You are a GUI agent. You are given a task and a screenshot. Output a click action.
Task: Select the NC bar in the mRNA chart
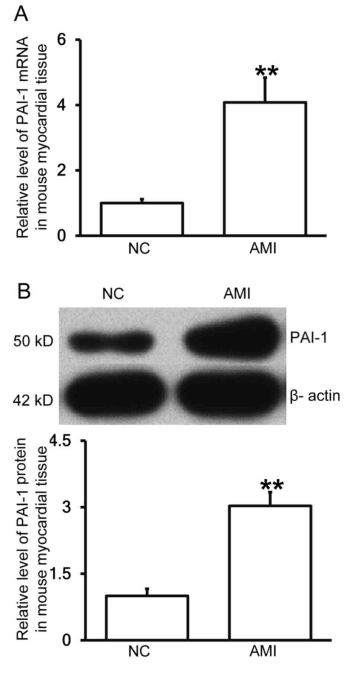click(142, 219)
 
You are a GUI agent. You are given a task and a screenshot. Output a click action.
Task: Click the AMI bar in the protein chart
click(270, 572)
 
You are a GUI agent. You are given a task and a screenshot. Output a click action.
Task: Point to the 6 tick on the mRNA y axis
click(67, 40)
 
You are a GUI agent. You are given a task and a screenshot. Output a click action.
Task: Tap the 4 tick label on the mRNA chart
click(67, 105)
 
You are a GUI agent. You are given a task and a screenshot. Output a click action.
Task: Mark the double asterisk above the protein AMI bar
click(272, 485)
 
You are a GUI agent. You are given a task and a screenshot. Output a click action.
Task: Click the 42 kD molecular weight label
click(33, 401)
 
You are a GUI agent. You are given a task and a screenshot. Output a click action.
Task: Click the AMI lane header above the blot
click(237, 294)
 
